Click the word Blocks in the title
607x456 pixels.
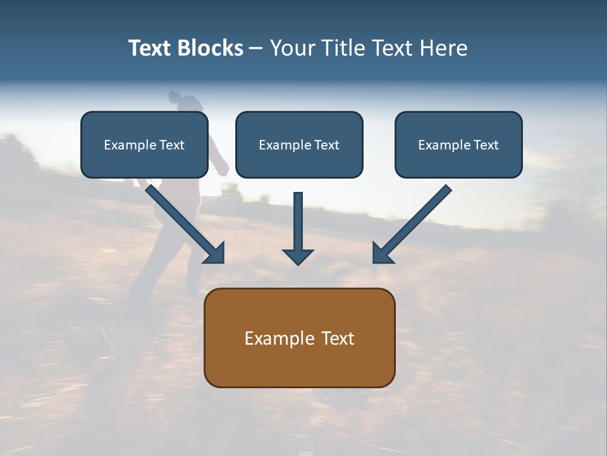coord(211,48)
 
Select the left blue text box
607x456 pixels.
coord(144,144)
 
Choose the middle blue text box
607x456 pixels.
coord(299,144)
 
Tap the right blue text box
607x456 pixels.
coord(458,144)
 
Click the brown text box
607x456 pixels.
coord(299,338)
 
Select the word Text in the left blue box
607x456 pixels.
coord(171,145)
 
